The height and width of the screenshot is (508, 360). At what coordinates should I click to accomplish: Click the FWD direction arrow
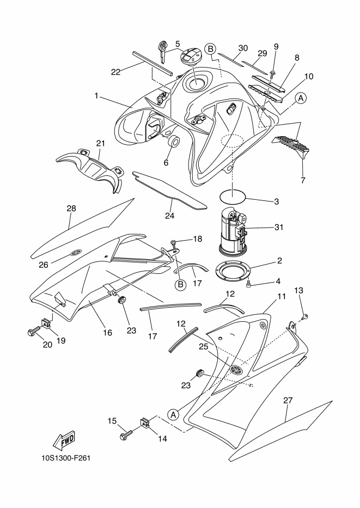[64, 440]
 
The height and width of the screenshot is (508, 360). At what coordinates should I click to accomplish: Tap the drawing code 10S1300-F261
[66, 458]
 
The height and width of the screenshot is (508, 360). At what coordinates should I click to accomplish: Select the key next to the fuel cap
[162, 52]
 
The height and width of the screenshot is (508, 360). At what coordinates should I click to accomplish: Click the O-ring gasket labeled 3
[232, 195]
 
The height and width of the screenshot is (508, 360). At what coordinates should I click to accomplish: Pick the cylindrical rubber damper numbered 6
[174, 142]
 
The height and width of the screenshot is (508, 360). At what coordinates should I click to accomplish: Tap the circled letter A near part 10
[301, 98]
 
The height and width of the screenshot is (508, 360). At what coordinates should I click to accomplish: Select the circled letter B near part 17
[180, 284]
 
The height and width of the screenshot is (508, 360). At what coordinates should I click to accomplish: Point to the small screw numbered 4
[249, 284]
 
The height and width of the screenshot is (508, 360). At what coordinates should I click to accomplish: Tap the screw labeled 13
[305, 316]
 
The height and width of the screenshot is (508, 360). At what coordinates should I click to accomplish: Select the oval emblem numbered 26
[76, 252]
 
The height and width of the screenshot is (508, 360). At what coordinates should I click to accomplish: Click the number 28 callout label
[71, 209]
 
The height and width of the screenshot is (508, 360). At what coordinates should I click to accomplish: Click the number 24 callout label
[170, 216]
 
